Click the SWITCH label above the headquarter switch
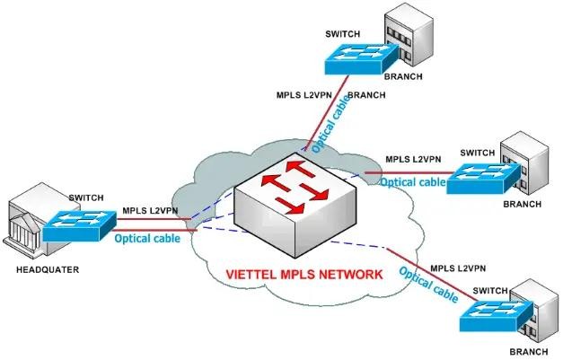85,197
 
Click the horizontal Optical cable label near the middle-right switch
412,182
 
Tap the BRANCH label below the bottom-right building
528,351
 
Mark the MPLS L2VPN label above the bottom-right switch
458,268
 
